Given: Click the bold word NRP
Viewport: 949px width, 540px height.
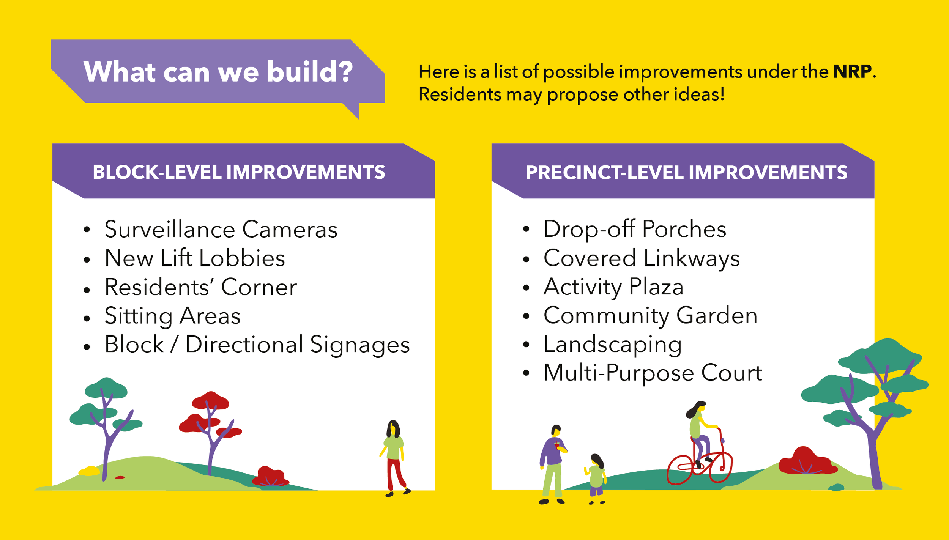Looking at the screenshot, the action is [852, 71].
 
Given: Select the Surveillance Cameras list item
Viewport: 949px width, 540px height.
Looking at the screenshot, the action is [221, 230].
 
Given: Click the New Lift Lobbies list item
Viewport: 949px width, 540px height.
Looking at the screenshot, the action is [195, 258].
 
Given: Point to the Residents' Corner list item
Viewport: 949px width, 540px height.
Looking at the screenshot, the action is [200, 287].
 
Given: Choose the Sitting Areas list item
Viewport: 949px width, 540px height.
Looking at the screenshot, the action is [172, 316].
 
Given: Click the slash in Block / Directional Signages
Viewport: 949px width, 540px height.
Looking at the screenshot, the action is [175, 345].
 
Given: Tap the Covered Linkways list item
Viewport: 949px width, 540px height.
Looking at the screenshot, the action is [642, 258].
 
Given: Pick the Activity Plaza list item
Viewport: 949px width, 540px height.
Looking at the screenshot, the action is [613, 287].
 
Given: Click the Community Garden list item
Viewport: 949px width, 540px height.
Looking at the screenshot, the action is [650, 316].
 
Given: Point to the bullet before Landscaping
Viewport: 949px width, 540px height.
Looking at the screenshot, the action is [526, 345].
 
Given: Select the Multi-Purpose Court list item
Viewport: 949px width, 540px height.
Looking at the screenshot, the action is [653, 373].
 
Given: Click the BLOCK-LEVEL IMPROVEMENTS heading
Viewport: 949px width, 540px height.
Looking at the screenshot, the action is [239, 172].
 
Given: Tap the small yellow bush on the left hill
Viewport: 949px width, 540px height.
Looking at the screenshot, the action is [89, 471].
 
